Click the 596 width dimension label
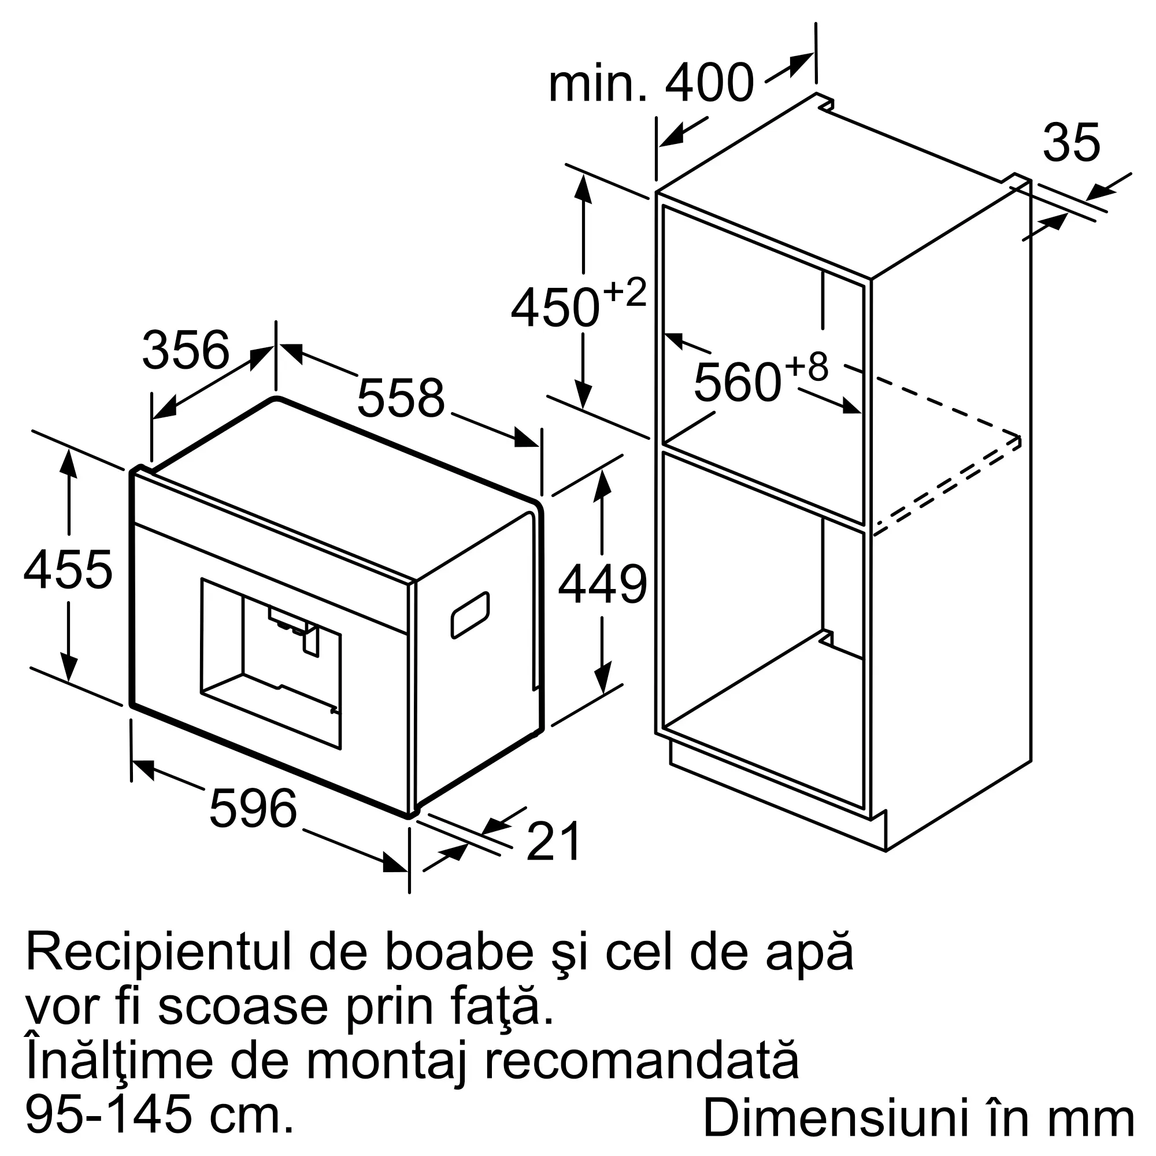click(x=253, y=808)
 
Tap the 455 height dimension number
click(x=68, y=570)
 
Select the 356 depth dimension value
click(x=186, y=350)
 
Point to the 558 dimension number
click(x=401, y=397)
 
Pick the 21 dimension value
click(x=554, y=840)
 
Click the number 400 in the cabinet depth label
click(x=710, y=83)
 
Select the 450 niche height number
click(x=555, y=308)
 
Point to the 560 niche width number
click(x=737, y=382)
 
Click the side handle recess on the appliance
click(x=470, y=614)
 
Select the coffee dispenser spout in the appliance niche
click(x=311, y=640)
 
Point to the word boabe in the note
click(x=458, y=951)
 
